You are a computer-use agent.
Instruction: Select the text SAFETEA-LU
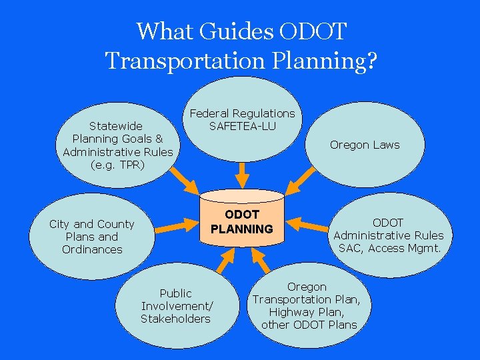242,126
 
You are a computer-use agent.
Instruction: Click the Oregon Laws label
365,145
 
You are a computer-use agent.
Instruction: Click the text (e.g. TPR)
117,164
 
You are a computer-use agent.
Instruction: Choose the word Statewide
116,125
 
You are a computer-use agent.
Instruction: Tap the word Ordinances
92,249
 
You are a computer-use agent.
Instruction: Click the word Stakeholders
175,319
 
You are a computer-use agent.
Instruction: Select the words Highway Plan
306,312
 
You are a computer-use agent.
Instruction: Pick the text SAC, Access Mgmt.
389,248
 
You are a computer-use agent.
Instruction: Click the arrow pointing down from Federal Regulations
243,175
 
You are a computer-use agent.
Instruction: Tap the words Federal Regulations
242,113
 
